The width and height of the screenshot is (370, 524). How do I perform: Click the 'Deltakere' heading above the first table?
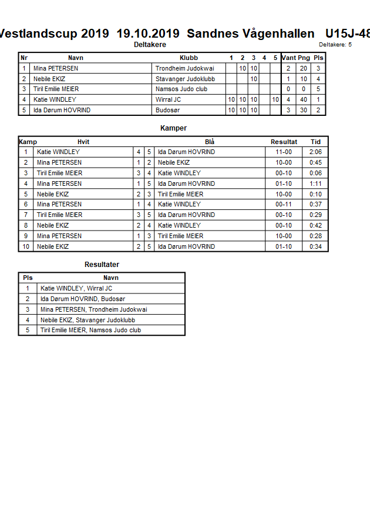pos(150,45)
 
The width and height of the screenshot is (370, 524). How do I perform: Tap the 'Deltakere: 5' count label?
pos(335,45)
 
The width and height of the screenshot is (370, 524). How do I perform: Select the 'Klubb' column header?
pos(189,58)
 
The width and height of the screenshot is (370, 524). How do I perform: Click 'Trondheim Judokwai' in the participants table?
pos(184,69)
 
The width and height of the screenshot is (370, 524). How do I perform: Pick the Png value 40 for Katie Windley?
pos(304,100)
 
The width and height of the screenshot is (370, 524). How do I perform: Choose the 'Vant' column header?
pos(288,58)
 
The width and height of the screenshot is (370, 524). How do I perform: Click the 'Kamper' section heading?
pos(173,128)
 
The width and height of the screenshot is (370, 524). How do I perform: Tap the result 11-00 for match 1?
pos(284,152)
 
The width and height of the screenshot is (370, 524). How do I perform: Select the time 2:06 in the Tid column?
pos(315,152)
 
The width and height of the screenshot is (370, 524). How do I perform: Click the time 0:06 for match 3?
pos(315,173)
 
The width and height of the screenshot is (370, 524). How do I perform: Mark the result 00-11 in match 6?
pos(284,205)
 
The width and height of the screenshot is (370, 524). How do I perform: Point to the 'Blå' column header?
pos(210,142)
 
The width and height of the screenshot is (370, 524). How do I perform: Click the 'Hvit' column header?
pos(83,142)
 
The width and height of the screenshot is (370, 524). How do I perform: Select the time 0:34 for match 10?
pos(315,246)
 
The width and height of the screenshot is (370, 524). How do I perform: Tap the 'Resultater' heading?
pos(102,265)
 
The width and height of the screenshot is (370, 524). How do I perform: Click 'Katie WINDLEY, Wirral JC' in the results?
pos(76,289)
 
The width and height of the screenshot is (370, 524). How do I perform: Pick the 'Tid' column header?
pos(315,142)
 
